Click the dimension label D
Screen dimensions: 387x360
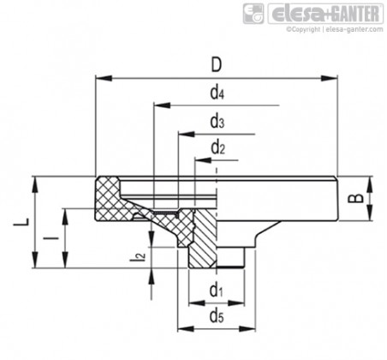[x=216, y=65]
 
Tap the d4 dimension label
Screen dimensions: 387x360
[x=217, y=93]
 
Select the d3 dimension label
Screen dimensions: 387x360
[x=217, y=121]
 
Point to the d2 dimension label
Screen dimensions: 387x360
[x=217, y=147]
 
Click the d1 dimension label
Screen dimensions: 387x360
[x=216, y=290]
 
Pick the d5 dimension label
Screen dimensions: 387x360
[x=217, y=316]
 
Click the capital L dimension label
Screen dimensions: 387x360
[x=21, y=222]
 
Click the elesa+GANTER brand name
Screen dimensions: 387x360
[x=325, y=14]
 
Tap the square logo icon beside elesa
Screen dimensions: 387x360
[x=253, y=14]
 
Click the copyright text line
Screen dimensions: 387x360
[x=335, y=29]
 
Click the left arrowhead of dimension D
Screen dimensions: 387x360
[x=103, y=78]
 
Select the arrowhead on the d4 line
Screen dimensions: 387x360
[x=162, y=105]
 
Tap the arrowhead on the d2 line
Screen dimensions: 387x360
[x=203, y=160]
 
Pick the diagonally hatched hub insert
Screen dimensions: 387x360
[x=202, y=238]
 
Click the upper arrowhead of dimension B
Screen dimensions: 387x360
[x=369, y=184]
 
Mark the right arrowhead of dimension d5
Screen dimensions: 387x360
[x=247, y=329]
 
